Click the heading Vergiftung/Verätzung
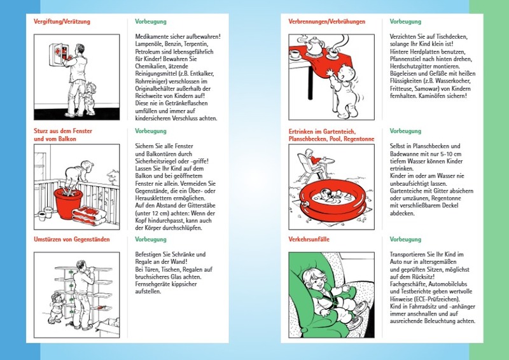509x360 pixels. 62,22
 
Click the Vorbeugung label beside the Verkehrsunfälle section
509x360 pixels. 405,239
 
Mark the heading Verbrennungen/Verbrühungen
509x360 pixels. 321,22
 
